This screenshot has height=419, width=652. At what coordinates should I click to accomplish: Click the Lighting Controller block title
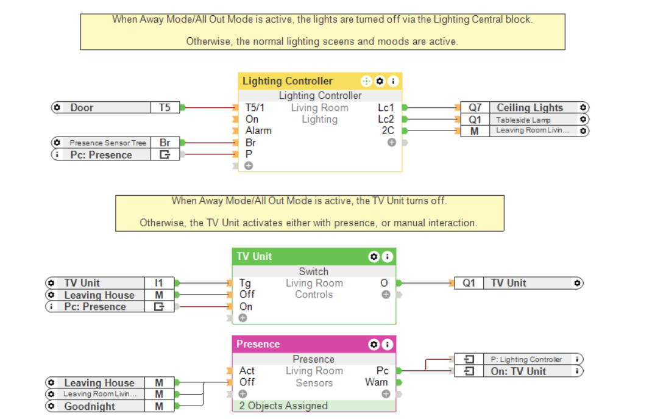[x=288, y=81]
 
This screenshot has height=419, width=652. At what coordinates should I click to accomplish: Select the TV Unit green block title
[x=254, y=256]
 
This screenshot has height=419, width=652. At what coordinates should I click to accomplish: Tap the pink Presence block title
[x=258, y=344]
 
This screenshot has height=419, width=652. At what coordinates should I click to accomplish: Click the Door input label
[x=82, y=108]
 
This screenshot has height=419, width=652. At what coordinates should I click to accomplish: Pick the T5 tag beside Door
[x=165, y=108]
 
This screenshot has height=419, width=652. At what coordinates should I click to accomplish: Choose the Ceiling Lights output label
[x=530, y=108]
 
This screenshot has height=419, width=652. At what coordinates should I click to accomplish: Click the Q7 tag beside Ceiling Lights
[x=475, y=108]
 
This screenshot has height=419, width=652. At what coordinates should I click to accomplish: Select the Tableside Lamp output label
[x=523, y=120]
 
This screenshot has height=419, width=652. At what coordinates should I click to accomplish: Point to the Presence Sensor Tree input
[x=107, y=143]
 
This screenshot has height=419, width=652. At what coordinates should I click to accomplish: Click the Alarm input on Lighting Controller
[x=258, y=131]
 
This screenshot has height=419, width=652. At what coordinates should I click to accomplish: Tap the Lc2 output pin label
[x=386, y=120]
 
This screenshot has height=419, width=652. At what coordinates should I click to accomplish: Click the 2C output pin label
[x=388, y=131]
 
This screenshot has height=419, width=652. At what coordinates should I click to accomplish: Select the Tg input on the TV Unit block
[x=245, y=283]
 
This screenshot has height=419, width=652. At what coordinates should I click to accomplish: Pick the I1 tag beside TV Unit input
[x=159, y=283]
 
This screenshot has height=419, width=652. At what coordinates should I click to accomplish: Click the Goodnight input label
[x=90, y=406]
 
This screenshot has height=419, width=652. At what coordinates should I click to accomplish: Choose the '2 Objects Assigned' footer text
[x=283, y=406]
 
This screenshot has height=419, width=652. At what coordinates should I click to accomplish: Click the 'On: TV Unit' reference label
[x=518, y=371]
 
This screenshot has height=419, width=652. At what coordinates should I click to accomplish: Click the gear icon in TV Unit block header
[x=373, y=257]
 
